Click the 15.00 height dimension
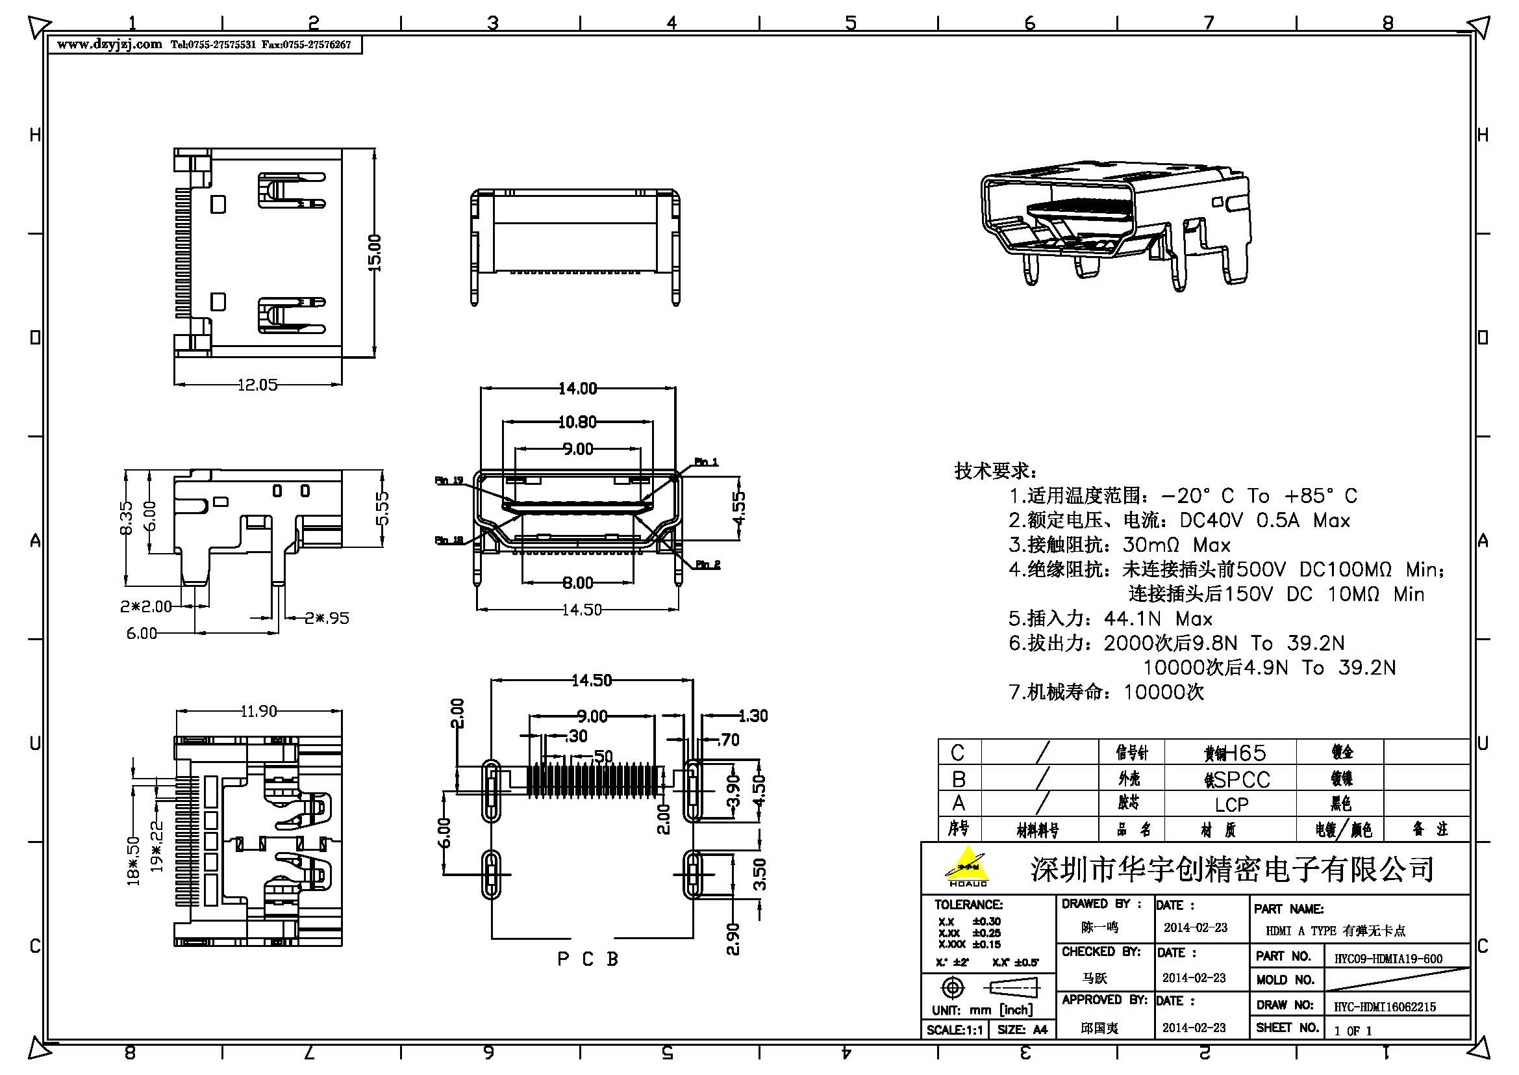point(375,253)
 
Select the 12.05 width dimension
point(257,385)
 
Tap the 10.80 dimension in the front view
point(577,422)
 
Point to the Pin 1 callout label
point(706,461)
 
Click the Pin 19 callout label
point(449,480)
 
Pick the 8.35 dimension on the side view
point(127,517)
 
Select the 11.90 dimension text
point(258,711)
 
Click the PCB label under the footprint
point(588,959)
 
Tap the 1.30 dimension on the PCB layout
point(752,716)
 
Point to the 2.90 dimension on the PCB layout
point(733,939)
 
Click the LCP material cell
point(1231,804)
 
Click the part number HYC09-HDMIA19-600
point(1388,959)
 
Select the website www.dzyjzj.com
point(109,44)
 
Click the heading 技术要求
point(995,471)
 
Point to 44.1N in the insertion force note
point(1132,619)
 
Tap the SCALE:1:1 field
point(954,1030)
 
